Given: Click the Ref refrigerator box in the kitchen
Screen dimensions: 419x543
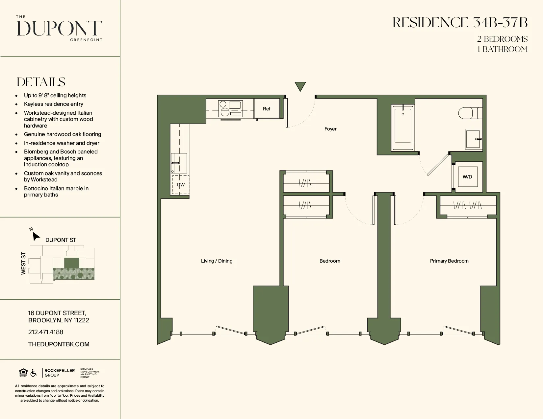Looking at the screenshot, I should pos(267,109).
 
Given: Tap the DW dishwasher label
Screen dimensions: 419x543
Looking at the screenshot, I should pos(181,185).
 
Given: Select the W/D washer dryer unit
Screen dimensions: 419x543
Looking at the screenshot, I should pos(467,177).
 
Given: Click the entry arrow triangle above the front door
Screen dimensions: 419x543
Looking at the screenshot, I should pos(300,86).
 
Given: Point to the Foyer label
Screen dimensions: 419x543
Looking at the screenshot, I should pos(330,129).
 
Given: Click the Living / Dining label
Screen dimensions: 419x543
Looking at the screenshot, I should pos(217,261).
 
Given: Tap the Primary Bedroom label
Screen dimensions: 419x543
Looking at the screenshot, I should pos(449,261).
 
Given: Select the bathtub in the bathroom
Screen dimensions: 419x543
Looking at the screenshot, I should pos(402,128).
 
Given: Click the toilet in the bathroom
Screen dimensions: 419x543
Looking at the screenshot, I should pos(469,113).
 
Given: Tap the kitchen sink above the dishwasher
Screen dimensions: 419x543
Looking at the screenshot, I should pos(179,163).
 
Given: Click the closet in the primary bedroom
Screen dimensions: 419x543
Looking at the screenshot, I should pos(467,206).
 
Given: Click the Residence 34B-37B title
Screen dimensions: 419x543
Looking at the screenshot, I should pos(460,23).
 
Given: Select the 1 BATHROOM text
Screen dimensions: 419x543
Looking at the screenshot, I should pos(502,49).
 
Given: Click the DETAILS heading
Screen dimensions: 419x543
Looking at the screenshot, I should pos(41,82).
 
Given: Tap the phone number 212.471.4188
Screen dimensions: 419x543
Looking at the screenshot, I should pos(46,332).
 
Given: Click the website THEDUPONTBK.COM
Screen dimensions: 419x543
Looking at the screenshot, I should pos(59,344).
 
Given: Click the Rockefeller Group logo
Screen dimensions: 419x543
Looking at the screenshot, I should pos(59,373).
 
